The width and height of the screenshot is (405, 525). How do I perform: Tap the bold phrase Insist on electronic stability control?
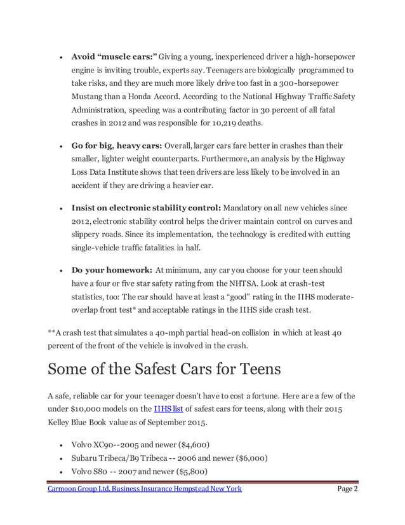tap(146, 208)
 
